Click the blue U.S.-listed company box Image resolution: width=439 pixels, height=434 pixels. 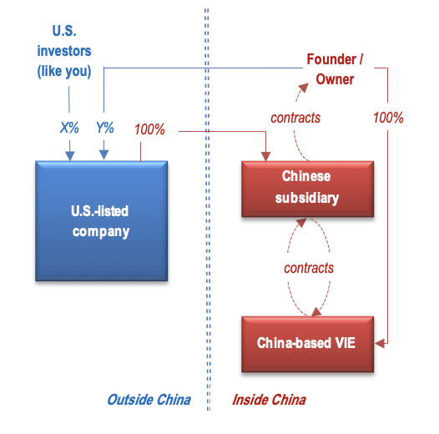[101, 221]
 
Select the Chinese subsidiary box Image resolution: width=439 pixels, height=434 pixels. [307, 189]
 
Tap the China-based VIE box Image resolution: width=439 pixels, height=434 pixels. [307, 344]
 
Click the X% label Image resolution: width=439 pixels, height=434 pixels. [69, 128]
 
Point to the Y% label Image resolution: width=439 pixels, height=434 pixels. [104, 128]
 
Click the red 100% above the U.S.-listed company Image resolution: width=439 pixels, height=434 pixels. [149, 129]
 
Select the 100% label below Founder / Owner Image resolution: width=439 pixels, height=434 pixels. [388, 118]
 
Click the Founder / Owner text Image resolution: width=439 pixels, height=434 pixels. [335, 69]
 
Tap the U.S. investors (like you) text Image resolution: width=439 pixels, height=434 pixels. [64, 51]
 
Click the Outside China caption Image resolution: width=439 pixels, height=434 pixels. [149, 400]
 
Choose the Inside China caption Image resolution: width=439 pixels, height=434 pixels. [269, 400]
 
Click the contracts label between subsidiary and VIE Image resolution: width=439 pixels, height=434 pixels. [309, 268]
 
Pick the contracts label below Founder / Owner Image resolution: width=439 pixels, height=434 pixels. [295, 118]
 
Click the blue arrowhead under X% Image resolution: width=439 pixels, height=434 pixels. [70, 156]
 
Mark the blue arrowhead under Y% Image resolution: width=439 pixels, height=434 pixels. [103, 155]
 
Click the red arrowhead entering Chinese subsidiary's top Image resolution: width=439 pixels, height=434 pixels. [265, 156]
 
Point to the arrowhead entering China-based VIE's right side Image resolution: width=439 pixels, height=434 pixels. [380, 343]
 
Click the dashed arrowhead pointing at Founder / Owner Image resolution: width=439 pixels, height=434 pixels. [304, 88]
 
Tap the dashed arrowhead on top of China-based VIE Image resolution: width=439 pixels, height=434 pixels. [316, 311]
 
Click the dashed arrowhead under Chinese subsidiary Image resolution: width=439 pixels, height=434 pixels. [301, 223]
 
